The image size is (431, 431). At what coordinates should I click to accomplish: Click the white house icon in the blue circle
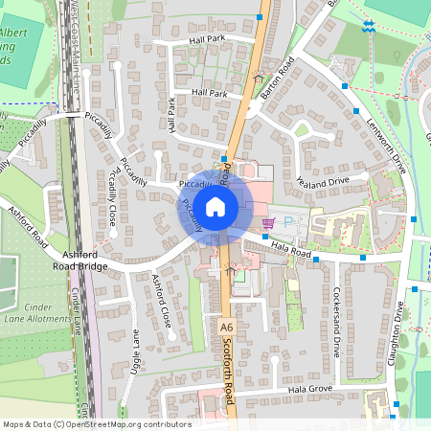click(x=215, y=206)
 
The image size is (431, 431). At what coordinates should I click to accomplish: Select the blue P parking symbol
click(x=291, y=221)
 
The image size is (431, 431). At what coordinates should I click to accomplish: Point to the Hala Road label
click(x=292, y=250)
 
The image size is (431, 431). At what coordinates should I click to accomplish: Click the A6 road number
click(x=226, y=327)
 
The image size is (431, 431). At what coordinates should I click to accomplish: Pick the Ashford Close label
click(x=161, y=301)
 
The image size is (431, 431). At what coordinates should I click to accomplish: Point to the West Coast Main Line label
click(x=75, y=48)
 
